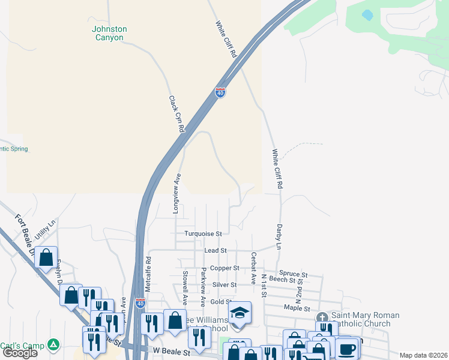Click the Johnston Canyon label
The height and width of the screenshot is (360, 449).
tap(109, 33)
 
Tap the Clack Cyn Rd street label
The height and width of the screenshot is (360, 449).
tap(176, 114)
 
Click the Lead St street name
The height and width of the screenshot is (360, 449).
tap(215, 250)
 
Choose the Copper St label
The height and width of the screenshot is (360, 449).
tap(228, 268)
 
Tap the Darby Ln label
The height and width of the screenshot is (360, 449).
tap(279, 238)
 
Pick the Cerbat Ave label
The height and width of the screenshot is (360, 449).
tap(254, 265)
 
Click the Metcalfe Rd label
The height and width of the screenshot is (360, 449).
tap(148, 273)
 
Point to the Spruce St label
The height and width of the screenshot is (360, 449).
tap(294, 274)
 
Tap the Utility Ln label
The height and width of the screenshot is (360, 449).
tap(45, 230)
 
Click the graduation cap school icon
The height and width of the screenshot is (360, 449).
tap(239, 313)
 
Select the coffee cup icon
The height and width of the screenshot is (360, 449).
tap(347, 348)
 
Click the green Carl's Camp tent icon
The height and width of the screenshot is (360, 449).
tap(54, 345)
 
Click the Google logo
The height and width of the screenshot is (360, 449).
tap(20, 353)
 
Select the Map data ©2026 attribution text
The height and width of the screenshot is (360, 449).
tap(423, 355)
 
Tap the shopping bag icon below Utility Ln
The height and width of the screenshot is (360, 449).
tap(46, 258)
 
